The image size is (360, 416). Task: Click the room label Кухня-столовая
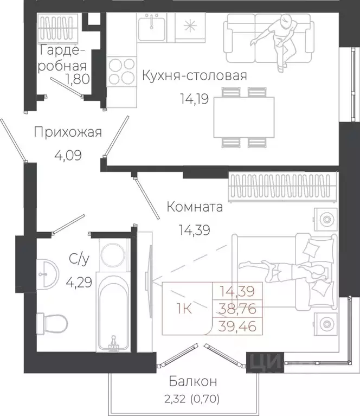pyautogui.click(x=194, y=75)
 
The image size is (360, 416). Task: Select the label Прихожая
pyautogui.click(x=67, y=132)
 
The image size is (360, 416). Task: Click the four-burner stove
pyautogui.click(x=121, y=71)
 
